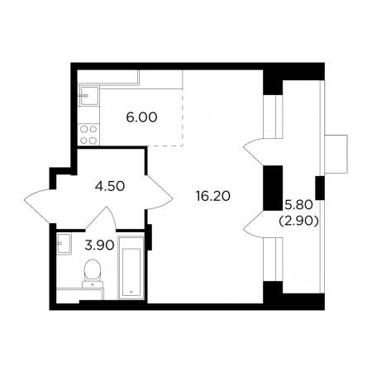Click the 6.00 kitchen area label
(141, 117)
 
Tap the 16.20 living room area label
(212, 196)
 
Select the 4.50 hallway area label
(110, 186)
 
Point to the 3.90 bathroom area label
(99, 245)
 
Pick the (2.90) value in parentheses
(299, 221)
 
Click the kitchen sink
(89, 96)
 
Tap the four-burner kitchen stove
(88, 135)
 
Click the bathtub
(131, 268)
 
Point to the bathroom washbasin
(64, 243)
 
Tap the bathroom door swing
(101, 217)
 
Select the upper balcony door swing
(254, 151)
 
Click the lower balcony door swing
(254, 224)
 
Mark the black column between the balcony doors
(273, 188)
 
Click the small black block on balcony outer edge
(320, 188)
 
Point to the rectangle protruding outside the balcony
(336, 155)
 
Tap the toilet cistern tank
(93, 284)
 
